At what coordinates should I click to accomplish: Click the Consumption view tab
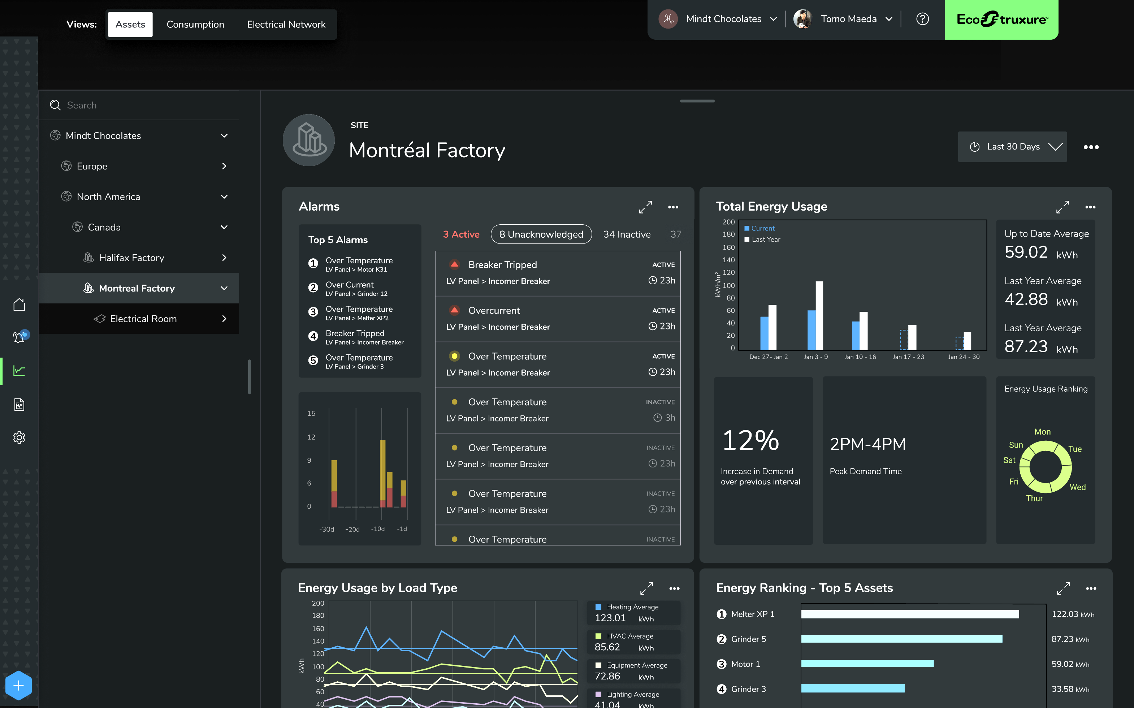coord(195,24)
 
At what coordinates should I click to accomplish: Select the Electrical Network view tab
coord(286,24)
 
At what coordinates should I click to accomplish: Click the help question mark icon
coord(922,19)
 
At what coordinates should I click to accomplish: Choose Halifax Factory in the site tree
coord(131,258)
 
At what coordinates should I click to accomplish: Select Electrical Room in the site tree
coord(143,318)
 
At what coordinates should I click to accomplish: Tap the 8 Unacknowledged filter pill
coord(541,234)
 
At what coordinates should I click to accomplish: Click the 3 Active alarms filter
coord(461,234)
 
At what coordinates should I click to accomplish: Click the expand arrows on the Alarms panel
coord(645,207)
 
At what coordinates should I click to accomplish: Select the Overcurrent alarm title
coord(494,310)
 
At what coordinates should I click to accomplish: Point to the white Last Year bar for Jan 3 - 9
coord(819,315)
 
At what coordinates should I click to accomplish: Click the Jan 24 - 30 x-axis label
coord(964,357)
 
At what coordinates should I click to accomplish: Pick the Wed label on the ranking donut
coord(1077,487)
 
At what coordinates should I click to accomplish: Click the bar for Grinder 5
coord(901,639)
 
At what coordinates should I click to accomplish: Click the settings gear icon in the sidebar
coord(19,437)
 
